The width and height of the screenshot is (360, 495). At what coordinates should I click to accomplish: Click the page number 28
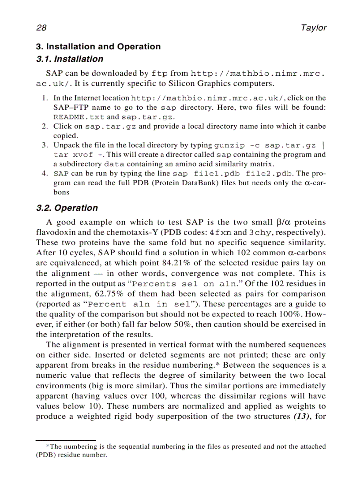[41, 28]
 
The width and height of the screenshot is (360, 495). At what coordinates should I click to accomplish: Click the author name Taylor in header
[313, 28]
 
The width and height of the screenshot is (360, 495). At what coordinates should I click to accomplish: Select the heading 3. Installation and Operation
[98, 47]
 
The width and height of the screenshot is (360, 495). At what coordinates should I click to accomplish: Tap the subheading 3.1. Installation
[69, 59]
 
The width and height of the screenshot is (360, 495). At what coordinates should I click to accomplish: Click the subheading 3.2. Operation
[67, 208]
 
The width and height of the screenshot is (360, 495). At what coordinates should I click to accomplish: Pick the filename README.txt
[79, 117]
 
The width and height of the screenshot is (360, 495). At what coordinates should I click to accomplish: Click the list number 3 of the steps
[45, 145]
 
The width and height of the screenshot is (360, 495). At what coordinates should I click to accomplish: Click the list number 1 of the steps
[45, 98]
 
